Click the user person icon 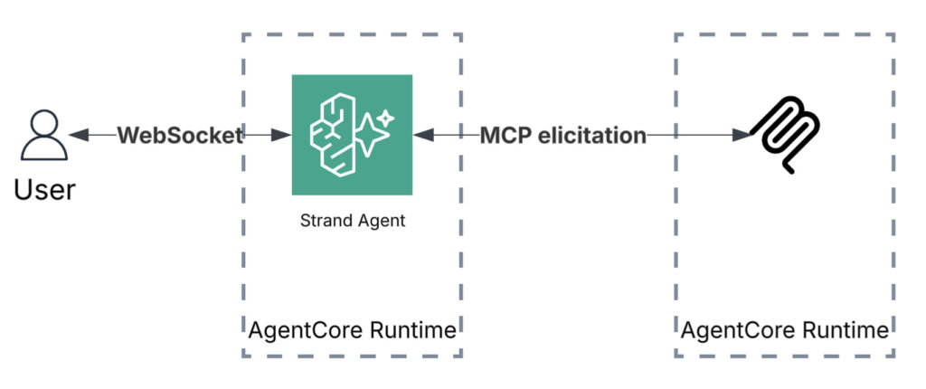[x=44, y=138]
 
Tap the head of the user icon [x=44, y=125]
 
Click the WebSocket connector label [x=180, y=136]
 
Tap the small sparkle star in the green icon [x=386, y=117]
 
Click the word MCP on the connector [x=505, y=136]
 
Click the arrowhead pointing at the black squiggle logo [x=742, y=136]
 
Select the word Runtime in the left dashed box [x=413, y=330]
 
